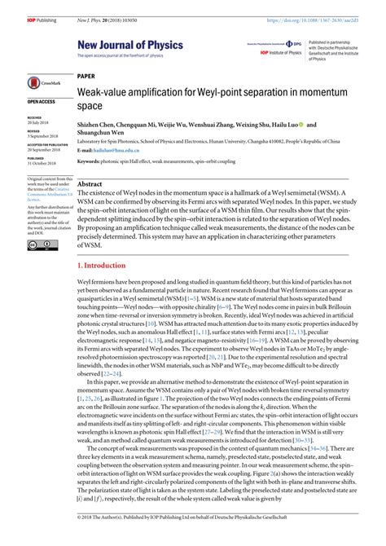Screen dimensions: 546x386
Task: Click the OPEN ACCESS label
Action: pyautogui.click(x=42, y=102)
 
